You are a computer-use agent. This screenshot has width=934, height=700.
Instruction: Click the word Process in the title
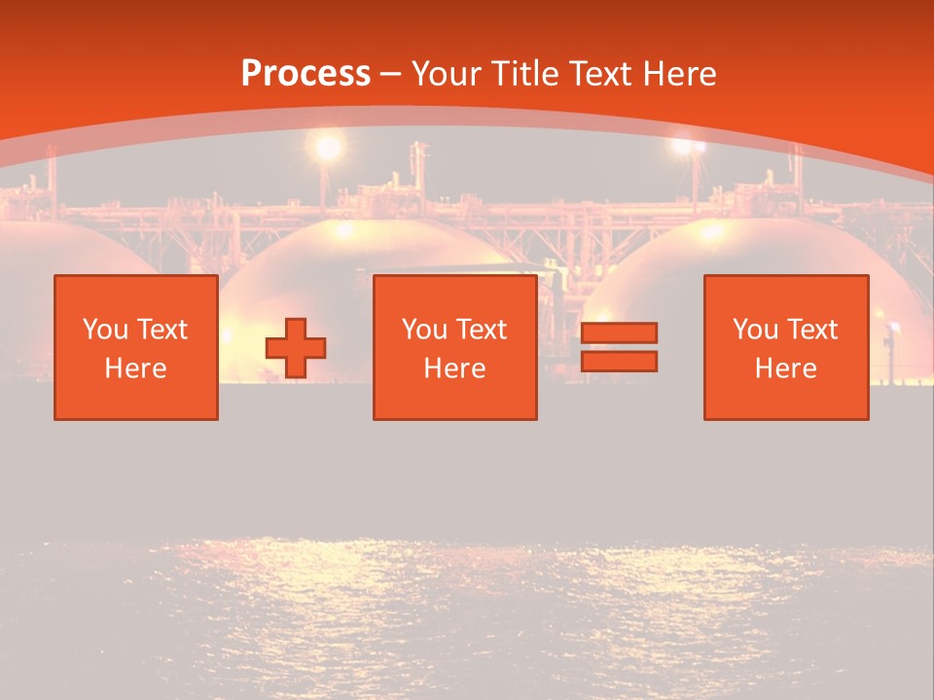[x=305, y=74]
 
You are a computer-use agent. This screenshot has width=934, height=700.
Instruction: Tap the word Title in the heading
[x=525, y=74]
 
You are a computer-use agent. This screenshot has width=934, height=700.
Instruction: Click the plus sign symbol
[x=296, y=348]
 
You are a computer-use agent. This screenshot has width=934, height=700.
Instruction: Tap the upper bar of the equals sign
[x=619, y=333]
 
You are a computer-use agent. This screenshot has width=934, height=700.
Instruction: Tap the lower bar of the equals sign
[x=619, y=361]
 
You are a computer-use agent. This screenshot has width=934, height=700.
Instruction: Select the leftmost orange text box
[x=136, y=347]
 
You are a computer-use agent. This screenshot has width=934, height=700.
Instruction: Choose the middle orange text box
[x=454, y=347]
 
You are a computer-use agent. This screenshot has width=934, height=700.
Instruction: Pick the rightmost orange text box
[x=786, y=347]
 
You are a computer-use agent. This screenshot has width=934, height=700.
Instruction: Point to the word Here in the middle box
[x=454, y=368]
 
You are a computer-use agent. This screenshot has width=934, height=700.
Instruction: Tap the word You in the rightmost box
[x=756, y=330]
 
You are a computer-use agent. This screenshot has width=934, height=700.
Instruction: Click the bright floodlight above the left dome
[x=328, y=148]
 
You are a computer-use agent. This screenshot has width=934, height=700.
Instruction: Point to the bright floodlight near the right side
[x=688, y=147]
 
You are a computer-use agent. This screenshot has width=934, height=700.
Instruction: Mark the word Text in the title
[x=600, y=74]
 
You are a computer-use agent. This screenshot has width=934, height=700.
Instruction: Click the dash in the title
[x=391, y=75]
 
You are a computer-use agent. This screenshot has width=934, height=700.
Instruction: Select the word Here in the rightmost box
[x=786, y=368]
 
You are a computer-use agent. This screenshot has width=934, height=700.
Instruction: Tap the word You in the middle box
[x=424, y=330]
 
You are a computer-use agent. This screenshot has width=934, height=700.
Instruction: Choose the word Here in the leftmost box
[x=136, y=368]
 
